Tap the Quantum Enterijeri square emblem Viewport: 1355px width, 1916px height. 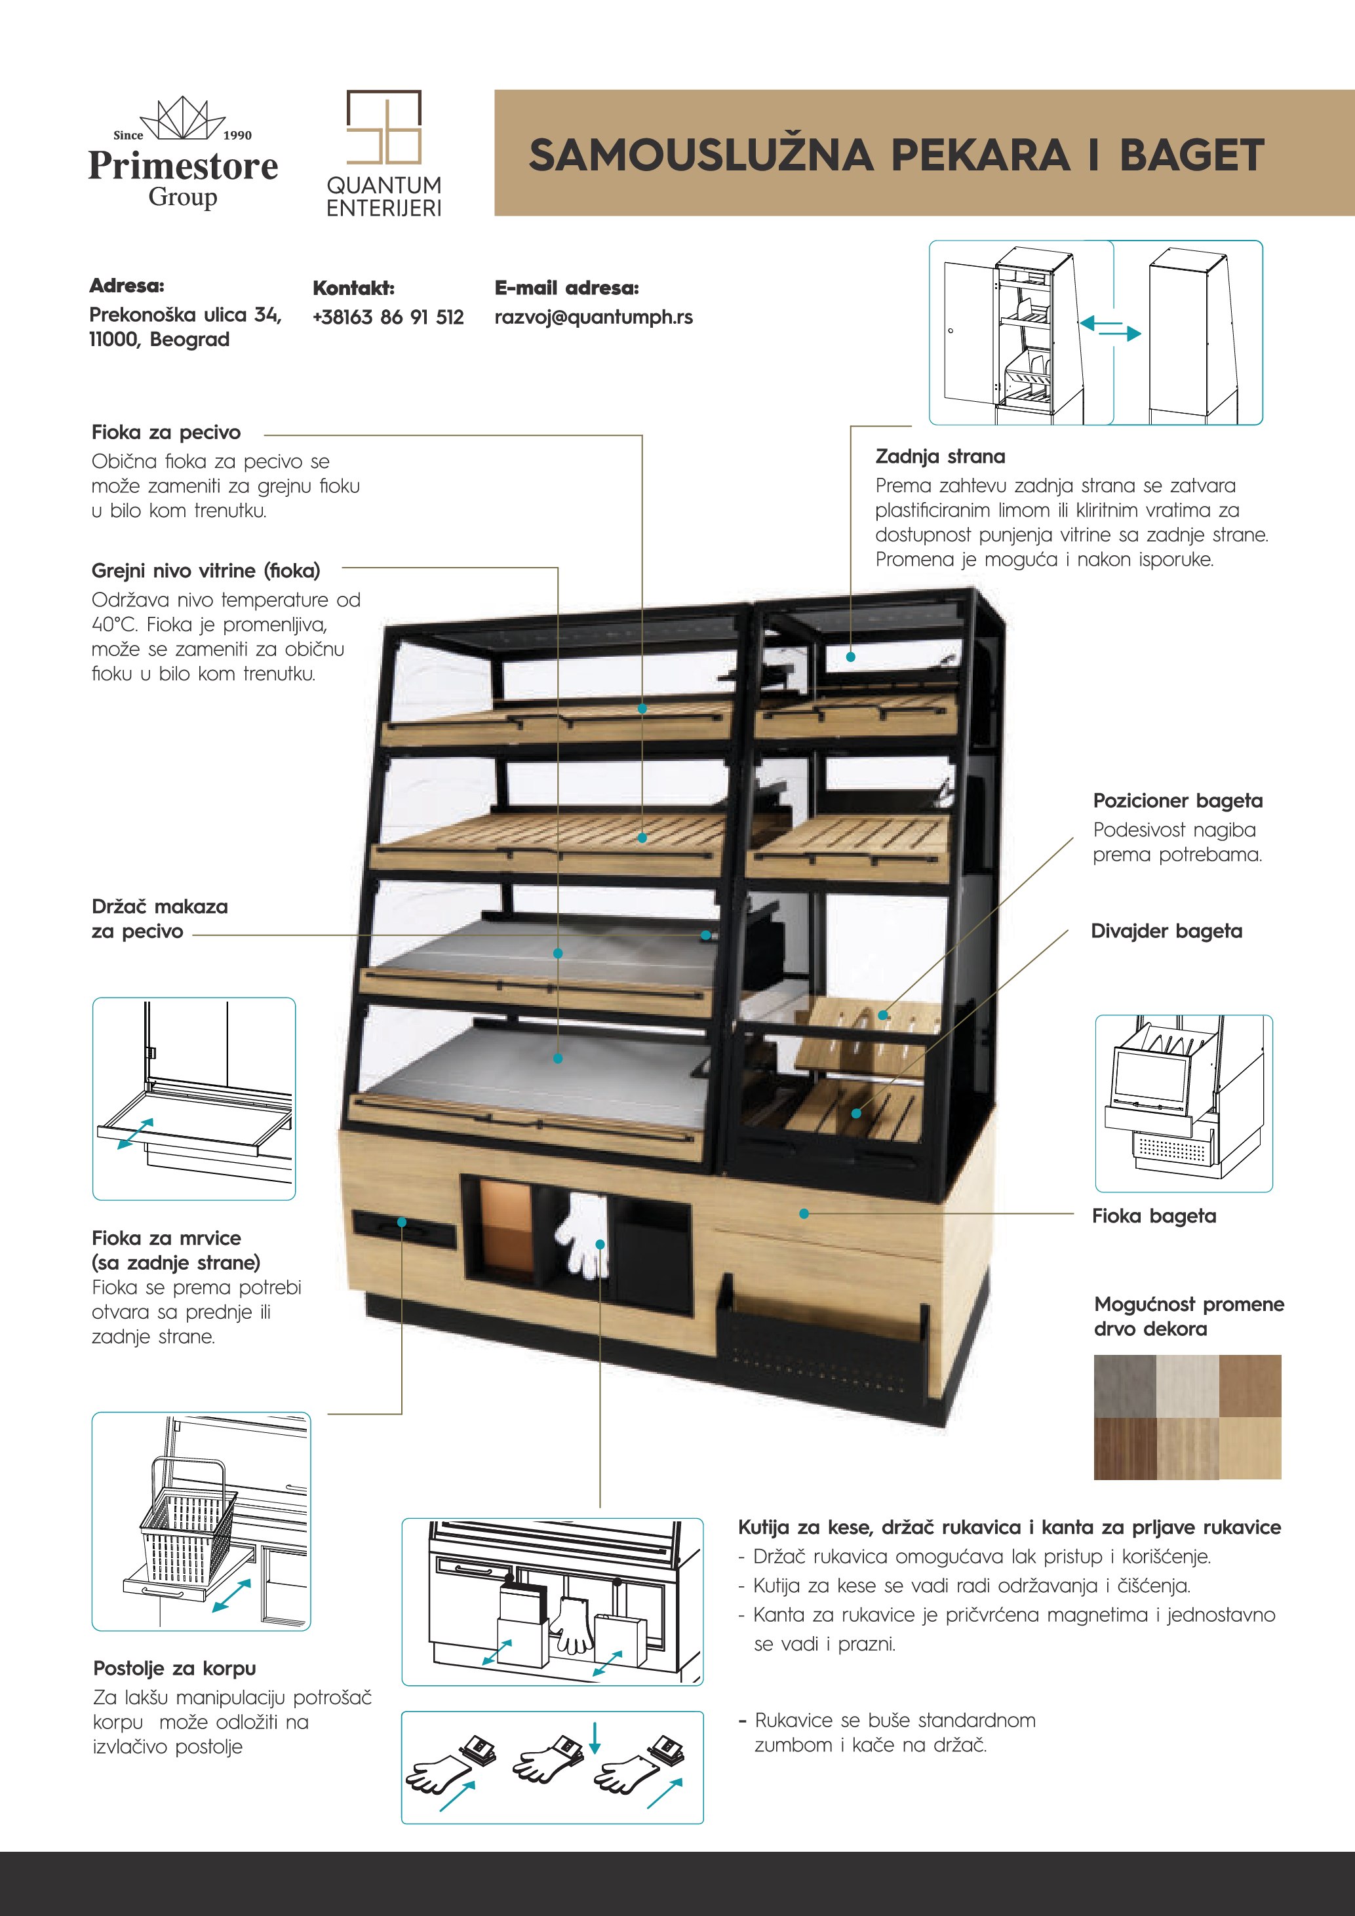pos(383,127)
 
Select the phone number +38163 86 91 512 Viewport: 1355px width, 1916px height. pos(388,317)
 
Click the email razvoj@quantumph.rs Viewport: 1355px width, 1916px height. pos(593,317)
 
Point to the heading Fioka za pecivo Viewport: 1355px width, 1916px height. pos(166,432)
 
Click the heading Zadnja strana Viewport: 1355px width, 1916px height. pos(939,456)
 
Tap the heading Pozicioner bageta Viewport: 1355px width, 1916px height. pos(1177,800)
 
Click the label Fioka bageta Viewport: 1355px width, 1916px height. pos(1153,1216)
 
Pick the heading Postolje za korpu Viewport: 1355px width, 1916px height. pos(174,1668)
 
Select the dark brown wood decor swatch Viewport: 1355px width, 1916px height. pos(1125,1448)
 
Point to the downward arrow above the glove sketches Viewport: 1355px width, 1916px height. pos(594,1738)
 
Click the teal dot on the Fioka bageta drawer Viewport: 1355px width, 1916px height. pos(804,1213)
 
